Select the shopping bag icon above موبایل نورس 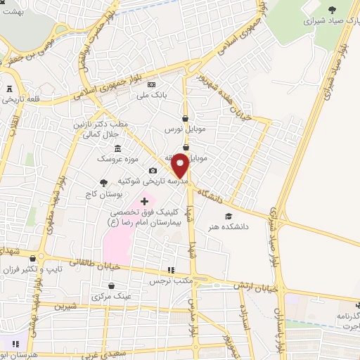pyautogui.click(x=185, y=118)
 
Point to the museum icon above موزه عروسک pyautogui.click(x=116, y=148)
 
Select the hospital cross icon pyautogui.click(x=144, y=202)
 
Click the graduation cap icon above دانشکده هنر pyautogui.click(x=227, y=216)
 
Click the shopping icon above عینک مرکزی pyautogui.click(x=112, y=285)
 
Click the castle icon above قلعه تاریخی pyautogui.click(x=9, y=89)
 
